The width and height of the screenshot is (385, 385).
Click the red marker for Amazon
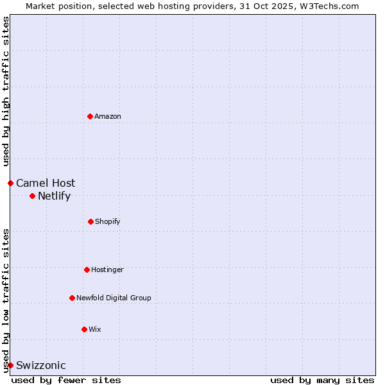(90, 116)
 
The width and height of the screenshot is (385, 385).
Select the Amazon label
(108, 116)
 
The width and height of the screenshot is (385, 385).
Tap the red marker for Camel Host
(10, 183)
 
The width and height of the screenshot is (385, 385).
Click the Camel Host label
(46, 183)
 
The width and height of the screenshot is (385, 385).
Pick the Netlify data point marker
(32, 196)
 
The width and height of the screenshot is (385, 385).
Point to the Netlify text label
(54, 196)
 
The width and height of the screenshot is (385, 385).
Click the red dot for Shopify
(90, 221)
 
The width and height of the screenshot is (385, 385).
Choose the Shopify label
(108, 221)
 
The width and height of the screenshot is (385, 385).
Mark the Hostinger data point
(87, 269)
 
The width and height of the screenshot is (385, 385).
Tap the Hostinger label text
(107, 269)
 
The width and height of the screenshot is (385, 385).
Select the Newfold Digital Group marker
(72, 298)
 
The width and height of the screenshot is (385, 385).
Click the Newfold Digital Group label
(114, 298)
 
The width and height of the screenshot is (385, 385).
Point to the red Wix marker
(84, 329)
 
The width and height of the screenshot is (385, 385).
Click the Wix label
(95, 329)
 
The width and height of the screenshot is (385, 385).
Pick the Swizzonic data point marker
(10, 365)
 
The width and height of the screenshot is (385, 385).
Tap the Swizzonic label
(41, 366)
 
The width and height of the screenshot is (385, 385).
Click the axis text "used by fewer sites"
(66, 380)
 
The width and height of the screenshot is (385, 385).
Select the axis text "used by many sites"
(322, 380)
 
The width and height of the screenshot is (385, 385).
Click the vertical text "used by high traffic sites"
(6, 92)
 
